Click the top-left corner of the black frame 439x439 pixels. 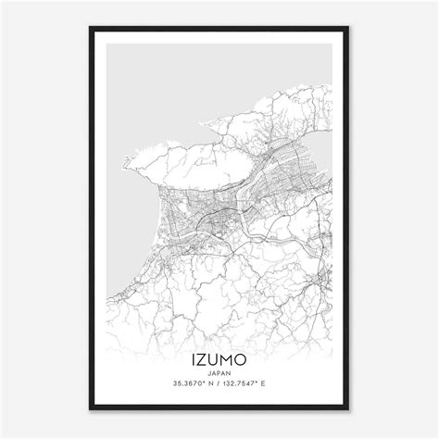tap(91, 29)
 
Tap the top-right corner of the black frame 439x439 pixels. tap(347, 29)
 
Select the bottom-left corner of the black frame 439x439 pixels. tap(91, 409)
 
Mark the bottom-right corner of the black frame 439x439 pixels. tap(347, 409)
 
